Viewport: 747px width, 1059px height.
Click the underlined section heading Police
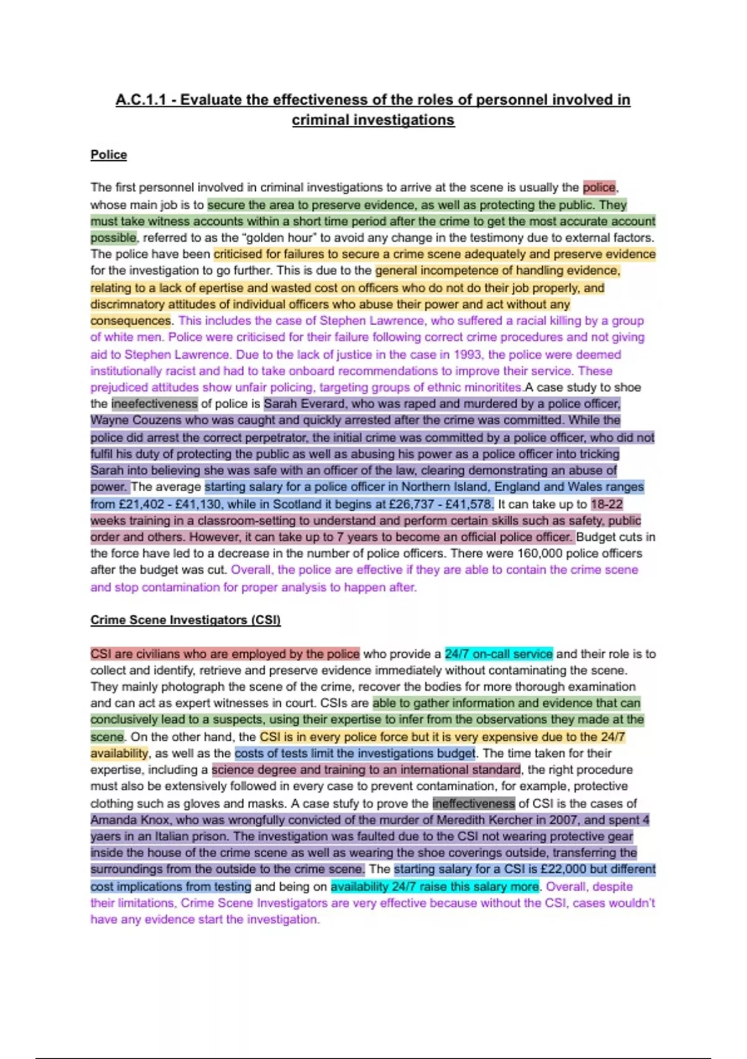(x=108, y=154)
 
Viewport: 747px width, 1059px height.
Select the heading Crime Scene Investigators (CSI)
(x=186, y=620)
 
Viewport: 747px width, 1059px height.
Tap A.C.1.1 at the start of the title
(x=141, y=100)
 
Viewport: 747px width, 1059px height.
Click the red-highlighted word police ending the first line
(x=599, y=187)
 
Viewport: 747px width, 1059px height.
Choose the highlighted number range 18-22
(x=607, y=504)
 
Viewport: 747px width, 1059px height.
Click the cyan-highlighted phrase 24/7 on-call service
(x=499, y=653)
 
